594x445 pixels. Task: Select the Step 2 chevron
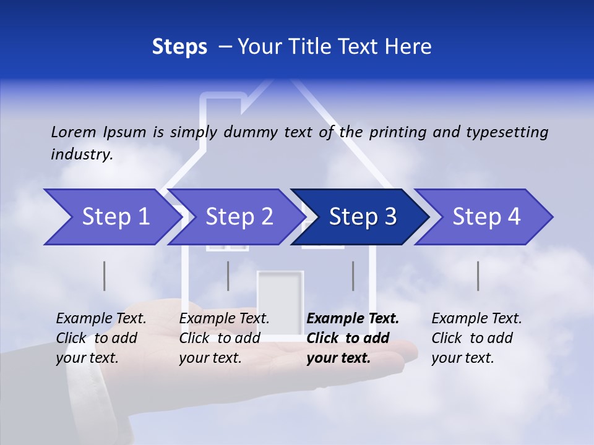coord(239,217)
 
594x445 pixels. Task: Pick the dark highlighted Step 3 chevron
coord(363,217)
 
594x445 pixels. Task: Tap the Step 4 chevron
coord(486,217)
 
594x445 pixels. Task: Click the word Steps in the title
coord(179,46)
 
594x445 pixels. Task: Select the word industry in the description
coord(82,154)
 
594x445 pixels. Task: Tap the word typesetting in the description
coord(507,132)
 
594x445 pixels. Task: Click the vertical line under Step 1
coord(105,276)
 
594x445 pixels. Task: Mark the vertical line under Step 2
coord(228,276)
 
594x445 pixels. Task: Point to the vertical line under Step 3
coord(353,276)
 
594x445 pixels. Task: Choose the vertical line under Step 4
coord(478,276)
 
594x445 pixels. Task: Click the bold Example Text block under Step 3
coord(353,338)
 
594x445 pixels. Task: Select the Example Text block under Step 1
coord(101,338)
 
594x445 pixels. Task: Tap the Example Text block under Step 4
coord(476,338)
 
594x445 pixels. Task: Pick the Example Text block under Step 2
coord(224,338)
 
